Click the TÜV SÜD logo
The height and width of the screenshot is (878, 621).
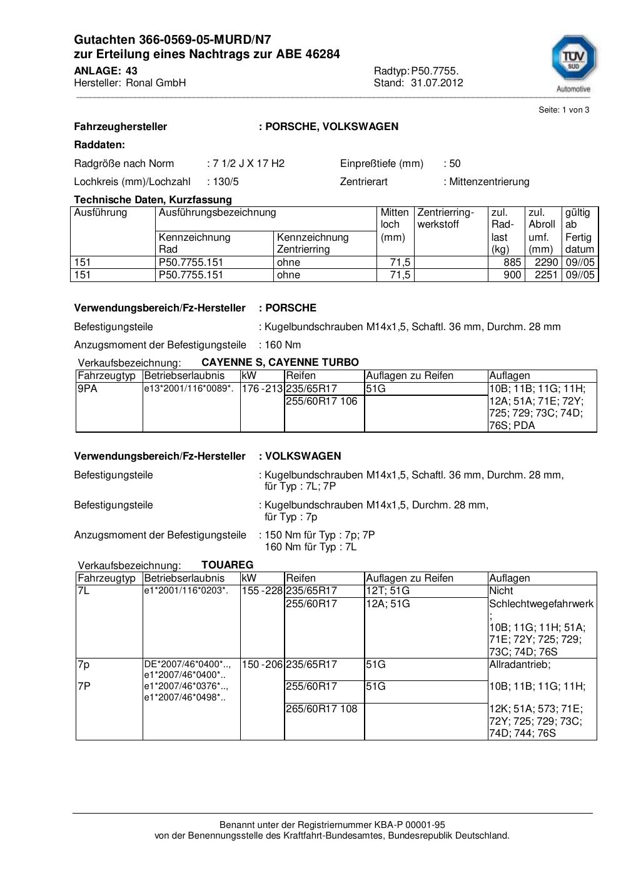click(x=573, y=61)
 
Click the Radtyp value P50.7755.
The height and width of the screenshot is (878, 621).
click(x=435, y=71)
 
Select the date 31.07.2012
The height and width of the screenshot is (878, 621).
click(x=437, y=83)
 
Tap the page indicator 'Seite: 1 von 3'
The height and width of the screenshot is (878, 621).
click(x=563, y=110)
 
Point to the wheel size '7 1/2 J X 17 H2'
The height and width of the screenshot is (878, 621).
click(x=248, y=164)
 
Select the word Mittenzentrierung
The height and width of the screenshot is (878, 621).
click(x=489, y=182)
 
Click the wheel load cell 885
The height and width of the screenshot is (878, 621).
click(x=512, y=263)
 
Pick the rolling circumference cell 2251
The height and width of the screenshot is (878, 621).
click(x=545, y=275)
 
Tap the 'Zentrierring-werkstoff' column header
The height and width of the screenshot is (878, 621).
click(x=446, y=218)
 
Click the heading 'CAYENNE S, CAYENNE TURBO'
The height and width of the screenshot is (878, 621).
click(x=280, y=363)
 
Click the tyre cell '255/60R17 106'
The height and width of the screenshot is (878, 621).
click(x=321, y=401)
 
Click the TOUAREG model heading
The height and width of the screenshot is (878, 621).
click(x=227, y=565)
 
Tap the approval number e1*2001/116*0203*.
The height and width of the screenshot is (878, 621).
click(x=186, y=590)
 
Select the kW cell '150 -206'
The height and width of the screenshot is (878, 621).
click(x=262, y=664)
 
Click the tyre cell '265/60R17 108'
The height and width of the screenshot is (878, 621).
click(x=321, y=709)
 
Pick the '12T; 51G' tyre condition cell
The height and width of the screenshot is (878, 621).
click(x=388, y=591)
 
